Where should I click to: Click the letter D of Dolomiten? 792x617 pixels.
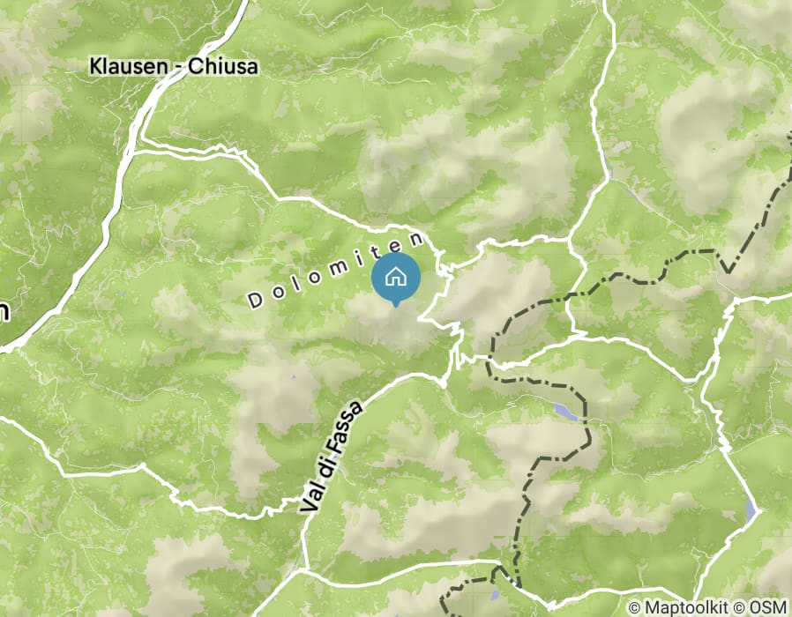tap(254, 301)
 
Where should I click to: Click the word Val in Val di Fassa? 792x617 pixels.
tap(309, 500)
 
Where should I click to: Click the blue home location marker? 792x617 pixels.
tap(396, 278)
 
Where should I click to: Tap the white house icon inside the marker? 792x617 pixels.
tap(396, 276)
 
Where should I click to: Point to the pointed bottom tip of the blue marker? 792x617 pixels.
tap(396, 306)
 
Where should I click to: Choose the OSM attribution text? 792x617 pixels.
tap(766, 607)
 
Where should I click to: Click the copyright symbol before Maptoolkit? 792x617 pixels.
tap(635, 607)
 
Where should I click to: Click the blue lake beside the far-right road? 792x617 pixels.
tap(751, 509)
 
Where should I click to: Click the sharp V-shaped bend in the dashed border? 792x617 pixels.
tap(728, 270)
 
